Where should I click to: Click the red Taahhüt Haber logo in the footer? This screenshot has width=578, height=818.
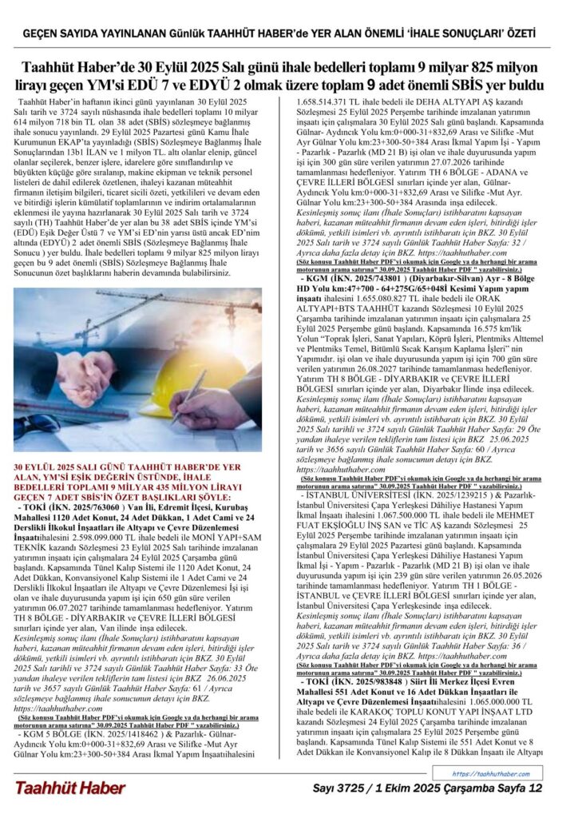(70, 788)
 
